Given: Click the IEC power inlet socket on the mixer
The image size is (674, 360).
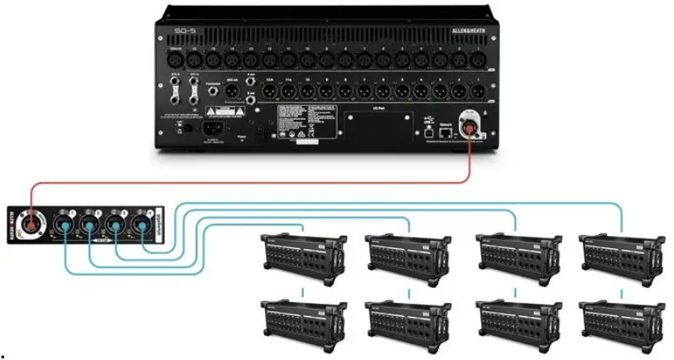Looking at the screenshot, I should (212, 128).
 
